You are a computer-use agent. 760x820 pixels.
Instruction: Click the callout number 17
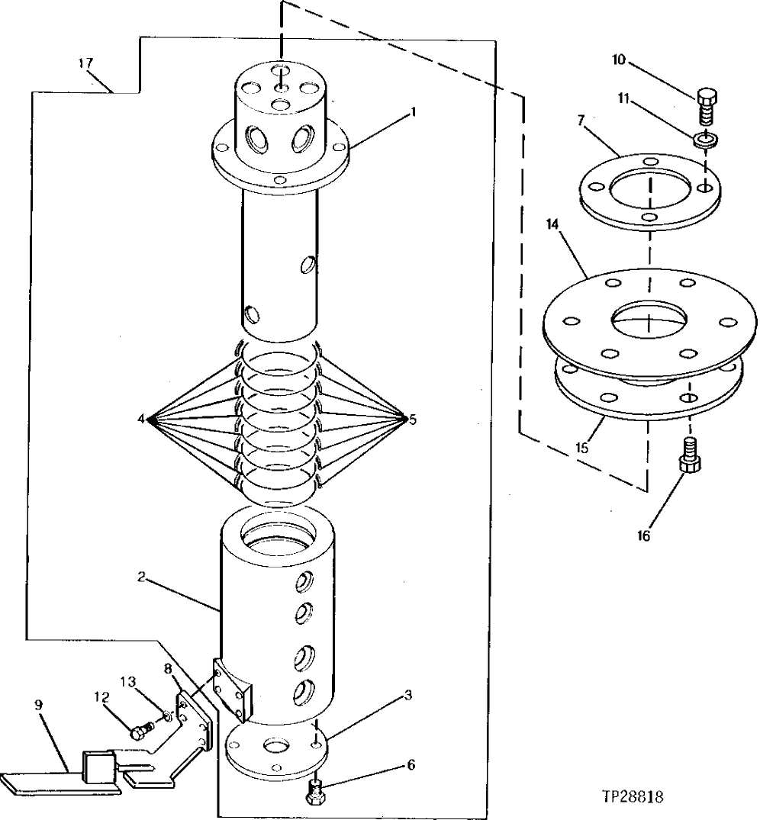(x=86, y=63)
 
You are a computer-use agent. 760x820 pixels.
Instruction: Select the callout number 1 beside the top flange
(x=412, y=111)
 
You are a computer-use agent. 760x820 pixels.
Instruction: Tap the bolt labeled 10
(x=707, y=106)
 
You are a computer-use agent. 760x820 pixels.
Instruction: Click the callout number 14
(x=552, y=226)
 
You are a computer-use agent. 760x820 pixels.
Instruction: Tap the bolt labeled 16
(x=691, y=460)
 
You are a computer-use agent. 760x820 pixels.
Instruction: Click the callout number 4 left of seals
(x=142, y=419)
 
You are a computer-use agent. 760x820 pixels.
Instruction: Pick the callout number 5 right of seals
(x=413, y=419)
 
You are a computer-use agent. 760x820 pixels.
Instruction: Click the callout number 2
(x=141, y=577)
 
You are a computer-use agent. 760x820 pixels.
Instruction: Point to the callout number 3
(x=409, y=695)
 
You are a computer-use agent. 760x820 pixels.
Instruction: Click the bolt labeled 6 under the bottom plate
(x=315, y=792)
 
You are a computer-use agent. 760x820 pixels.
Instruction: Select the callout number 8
(x=167, y=668)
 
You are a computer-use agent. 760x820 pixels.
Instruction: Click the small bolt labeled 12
(x=139, y=732)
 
